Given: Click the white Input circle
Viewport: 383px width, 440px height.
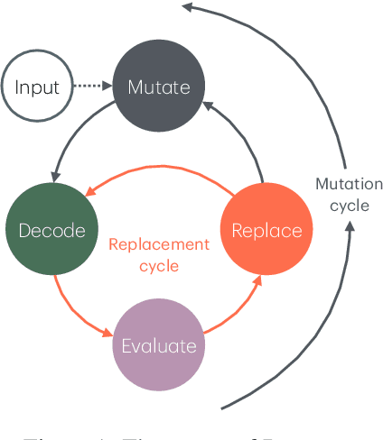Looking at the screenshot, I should pyautogui.click(x=37, y=87).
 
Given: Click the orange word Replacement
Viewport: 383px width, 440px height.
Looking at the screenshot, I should pyautogui.click(x=158, y=244).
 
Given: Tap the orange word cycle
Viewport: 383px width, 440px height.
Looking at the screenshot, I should pyautogui.click(x=158, y=266).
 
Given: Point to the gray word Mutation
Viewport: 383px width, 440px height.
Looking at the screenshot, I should pyautogui.click(x=349, y=184).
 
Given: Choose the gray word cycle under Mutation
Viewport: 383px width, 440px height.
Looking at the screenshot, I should pyautogui.click(x=349, y=205).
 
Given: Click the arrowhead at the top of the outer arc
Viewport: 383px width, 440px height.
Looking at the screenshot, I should pyautogui.click(x=187, y=7).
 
